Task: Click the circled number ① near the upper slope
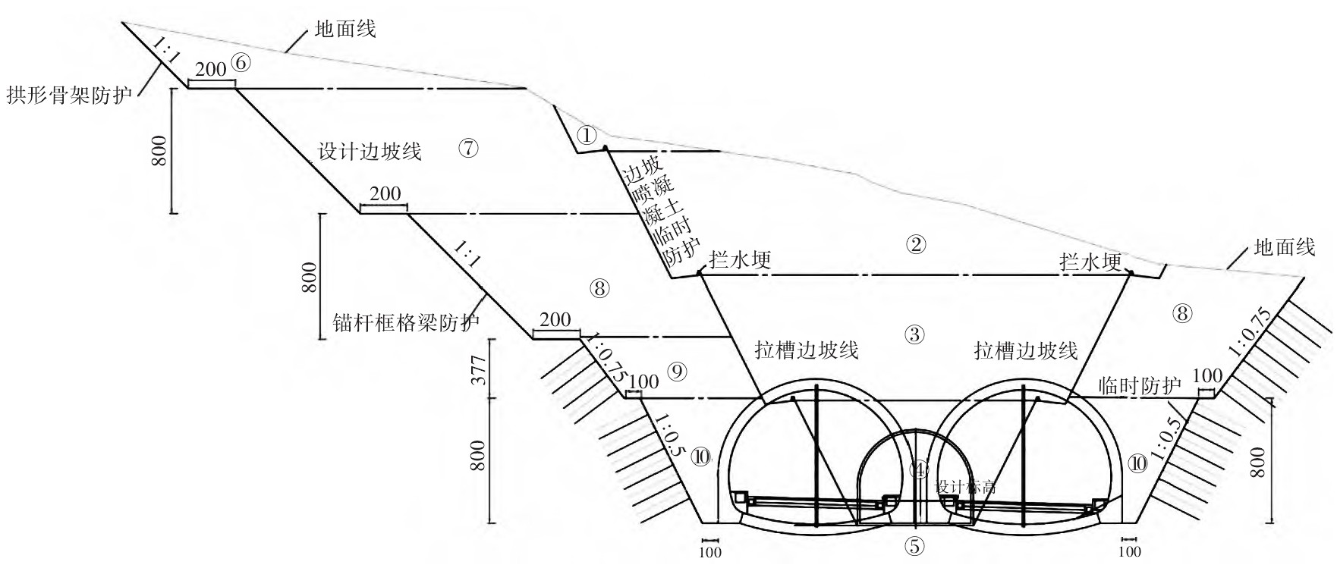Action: (587, 136)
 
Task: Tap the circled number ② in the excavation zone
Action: (917, 244)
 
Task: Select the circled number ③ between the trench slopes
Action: (915, 334)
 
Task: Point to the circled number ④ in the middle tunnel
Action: (920, 470)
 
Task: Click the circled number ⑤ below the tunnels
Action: (916, 545)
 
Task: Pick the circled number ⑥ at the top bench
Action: (240, 64)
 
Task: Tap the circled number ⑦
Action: (469, 149)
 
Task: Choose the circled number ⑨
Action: (678, 371)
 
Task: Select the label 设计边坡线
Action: (370, 152)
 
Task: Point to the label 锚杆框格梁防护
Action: (406, 324)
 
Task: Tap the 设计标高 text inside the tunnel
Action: (964, 487)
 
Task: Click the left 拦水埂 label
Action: (740, 261)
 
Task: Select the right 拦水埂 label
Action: (1090, 262)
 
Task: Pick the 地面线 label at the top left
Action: (345, 30)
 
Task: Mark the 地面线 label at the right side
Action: (1284, 247)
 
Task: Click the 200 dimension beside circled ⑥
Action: (211, 70)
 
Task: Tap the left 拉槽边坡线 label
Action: (807, 350)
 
